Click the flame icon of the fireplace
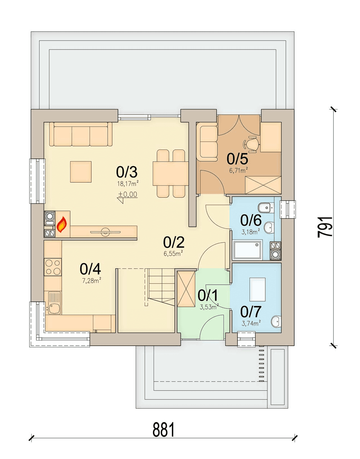(62, 225)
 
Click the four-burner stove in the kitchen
(53, 267)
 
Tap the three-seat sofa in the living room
(81, 134)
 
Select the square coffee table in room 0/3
(81, 172)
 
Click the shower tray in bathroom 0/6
(247, 249)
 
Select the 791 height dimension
(325, 227)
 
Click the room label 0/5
(237, 159)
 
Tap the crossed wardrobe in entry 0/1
(186, 289)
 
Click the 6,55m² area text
(173, 253)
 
